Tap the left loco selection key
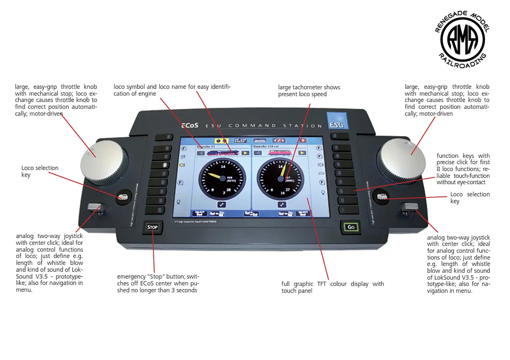[x=123, y=197]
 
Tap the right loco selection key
[x=381, y=197]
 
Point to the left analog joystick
[x=96, y=207]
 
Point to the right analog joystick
[x=411, y=207]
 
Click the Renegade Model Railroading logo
[x=462, y=40]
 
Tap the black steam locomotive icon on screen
[x=222, y=153]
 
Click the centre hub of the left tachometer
[x=222, y=178]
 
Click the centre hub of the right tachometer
[x=280, y=179]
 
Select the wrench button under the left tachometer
[x=222, y=205]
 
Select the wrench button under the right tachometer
[x=282, y=205]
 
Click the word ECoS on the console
[x=190, y=125]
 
